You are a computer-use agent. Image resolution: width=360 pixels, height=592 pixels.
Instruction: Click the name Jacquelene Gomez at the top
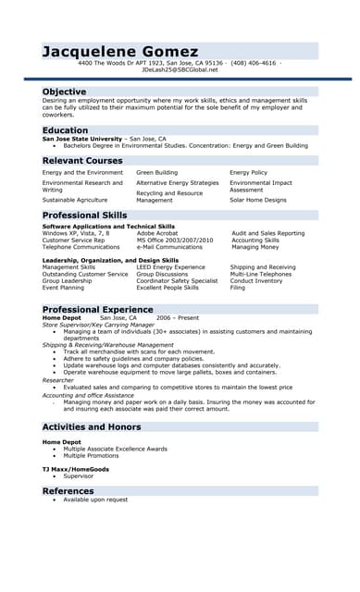(119, 51)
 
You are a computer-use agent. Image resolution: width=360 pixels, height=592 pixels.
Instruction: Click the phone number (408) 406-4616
(253, 63)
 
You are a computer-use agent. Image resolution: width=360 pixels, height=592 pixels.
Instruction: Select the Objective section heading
(64, 92)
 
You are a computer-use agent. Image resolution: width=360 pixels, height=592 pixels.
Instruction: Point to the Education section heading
(65, 130)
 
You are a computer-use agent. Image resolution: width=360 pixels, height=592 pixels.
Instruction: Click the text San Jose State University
(81, 139)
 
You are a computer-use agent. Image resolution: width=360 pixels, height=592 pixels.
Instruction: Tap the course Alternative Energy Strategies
(178, 183)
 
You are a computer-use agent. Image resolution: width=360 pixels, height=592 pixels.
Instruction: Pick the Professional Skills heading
(83, 215)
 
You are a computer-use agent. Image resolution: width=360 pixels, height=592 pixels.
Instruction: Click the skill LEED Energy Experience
(170, 266)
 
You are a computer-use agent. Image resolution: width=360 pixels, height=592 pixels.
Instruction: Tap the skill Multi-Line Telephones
(262, 274)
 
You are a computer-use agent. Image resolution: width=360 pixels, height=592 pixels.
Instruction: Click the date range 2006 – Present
(177, 317)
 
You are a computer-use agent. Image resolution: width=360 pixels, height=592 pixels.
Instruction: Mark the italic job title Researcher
(57, 380)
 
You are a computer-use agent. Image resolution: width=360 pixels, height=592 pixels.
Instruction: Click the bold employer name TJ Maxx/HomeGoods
(75, 469)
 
